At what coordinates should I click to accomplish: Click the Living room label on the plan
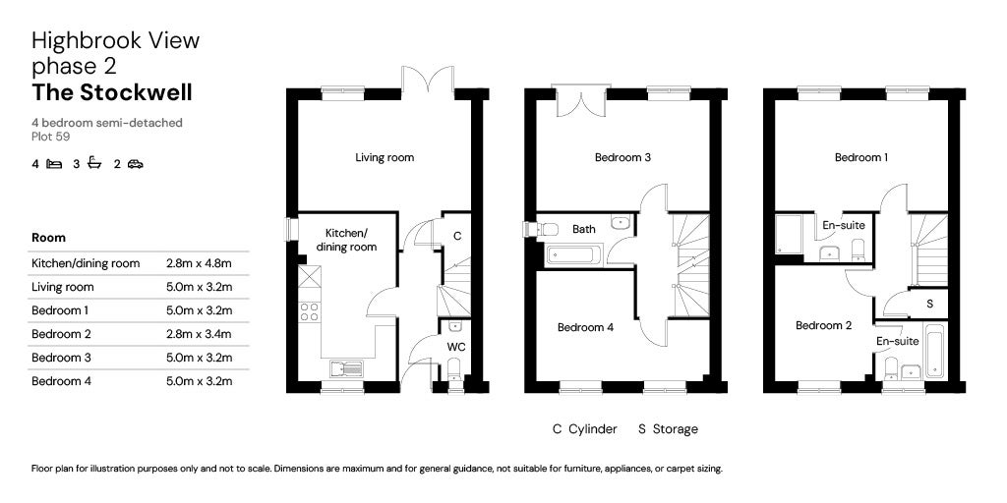coord(385,157)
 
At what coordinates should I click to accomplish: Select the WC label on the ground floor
coord(456,347)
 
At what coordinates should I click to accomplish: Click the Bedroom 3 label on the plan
coord(622,157)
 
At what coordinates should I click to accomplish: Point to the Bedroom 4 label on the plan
coord(586,327)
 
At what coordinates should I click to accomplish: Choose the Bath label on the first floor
coord(584,228)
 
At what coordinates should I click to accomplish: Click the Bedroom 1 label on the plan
coord(861,157)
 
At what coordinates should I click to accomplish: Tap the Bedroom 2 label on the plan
coord(823,325)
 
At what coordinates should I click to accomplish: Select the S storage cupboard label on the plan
coord(930,305)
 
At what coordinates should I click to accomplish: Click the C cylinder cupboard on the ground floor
coord(457,236)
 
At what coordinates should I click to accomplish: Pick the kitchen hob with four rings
coord(309,311)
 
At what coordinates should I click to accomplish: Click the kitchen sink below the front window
coord(347,368)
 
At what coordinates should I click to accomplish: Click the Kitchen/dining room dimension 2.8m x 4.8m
coord(199,263)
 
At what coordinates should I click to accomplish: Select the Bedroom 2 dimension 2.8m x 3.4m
coord(199,334)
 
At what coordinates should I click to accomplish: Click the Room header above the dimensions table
coord(48,238)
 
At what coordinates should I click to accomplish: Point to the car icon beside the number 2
coord(135,164)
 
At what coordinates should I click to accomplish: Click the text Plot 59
coord(51,136)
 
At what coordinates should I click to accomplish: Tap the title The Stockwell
coord(112,92)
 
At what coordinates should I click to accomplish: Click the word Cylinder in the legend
coord(593,428)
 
